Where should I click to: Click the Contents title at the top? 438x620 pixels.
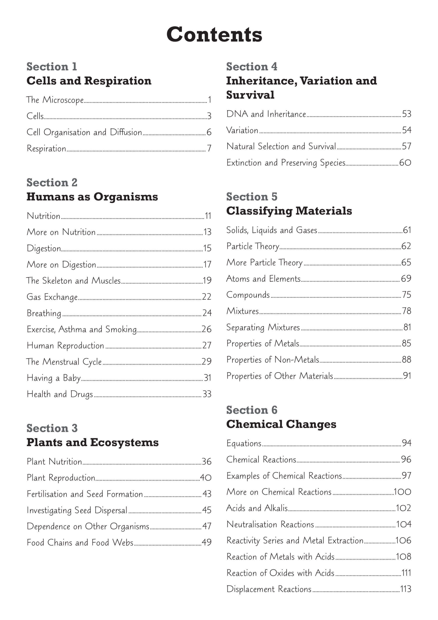click(214, 35)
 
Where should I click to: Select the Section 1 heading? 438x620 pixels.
click(52, 67)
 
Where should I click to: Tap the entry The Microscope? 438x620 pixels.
click(55, 100)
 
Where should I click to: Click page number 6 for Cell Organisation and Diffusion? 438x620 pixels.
click(209, 132)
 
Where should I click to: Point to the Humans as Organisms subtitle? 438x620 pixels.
click(92, 197)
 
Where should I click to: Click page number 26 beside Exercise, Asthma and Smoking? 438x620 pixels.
click(207, 329)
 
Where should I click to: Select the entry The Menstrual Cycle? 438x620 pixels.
click(64, 362)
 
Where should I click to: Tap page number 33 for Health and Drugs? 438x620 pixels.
click(207, 394)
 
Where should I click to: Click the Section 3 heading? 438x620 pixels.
click(52, 428)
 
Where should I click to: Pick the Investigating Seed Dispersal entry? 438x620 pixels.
click(77, 510)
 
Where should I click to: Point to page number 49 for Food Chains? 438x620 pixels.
click(207, 542)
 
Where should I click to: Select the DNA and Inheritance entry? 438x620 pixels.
click(266, 114)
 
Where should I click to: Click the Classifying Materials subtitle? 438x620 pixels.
click(289, 211)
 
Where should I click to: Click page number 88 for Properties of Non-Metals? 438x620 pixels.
click(406, 359)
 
